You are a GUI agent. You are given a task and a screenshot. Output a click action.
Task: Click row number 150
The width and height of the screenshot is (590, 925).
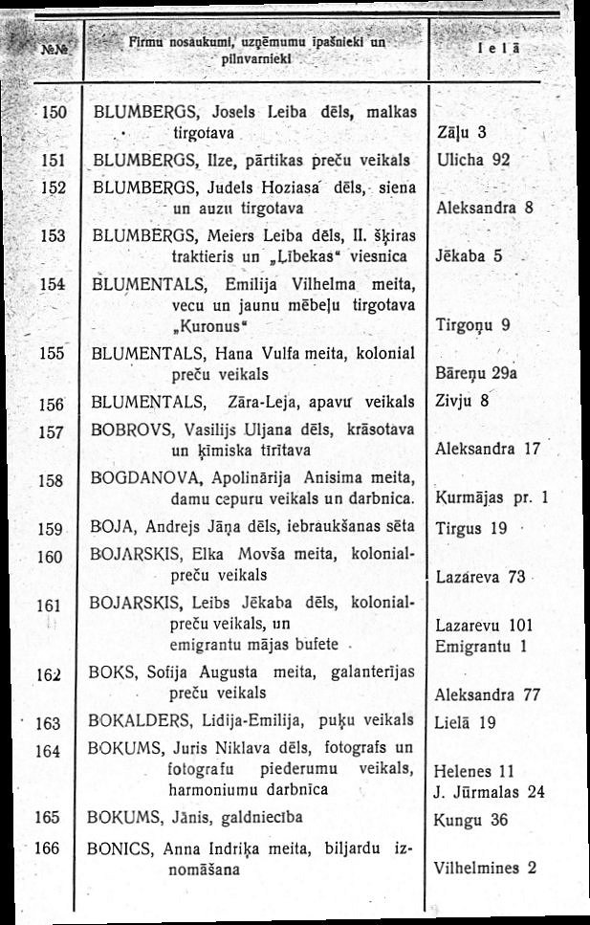pyautogui.click(x=51, y=112)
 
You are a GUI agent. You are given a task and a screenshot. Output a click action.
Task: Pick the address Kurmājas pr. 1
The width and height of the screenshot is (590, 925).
pyautogui.click(x=491, y=497)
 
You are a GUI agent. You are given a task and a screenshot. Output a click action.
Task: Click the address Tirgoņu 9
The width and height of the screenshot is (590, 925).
pyautogui.click(x=471, y=325)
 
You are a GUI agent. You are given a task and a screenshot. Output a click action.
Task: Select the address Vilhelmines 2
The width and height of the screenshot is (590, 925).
pyautogui.click(x=485, y=869)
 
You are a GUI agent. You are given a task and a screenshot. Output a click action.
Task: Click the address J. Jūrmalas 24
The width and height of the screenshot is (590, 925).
pyautogui.click(x=489, y=792)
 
